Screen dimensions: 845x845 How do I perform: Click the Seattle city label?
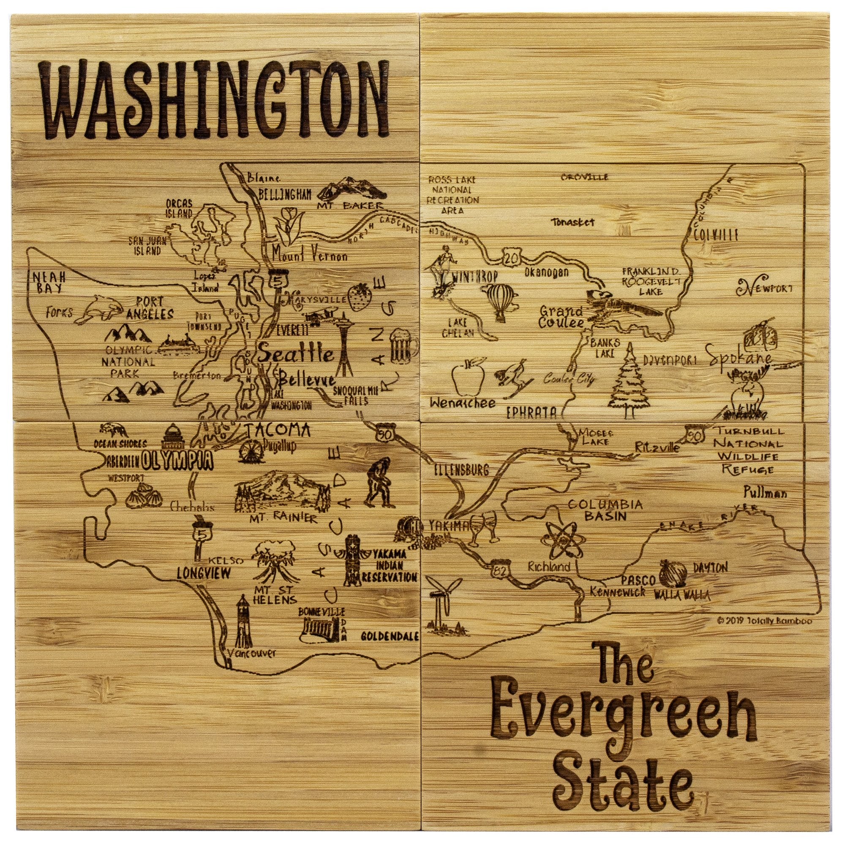296,353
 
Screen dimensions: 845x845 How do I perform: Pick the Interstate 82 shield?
499,569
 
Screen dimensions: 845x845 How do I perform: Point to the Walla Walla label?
682,595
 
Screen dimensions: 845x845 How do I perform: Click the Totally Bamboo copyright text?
762,620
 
